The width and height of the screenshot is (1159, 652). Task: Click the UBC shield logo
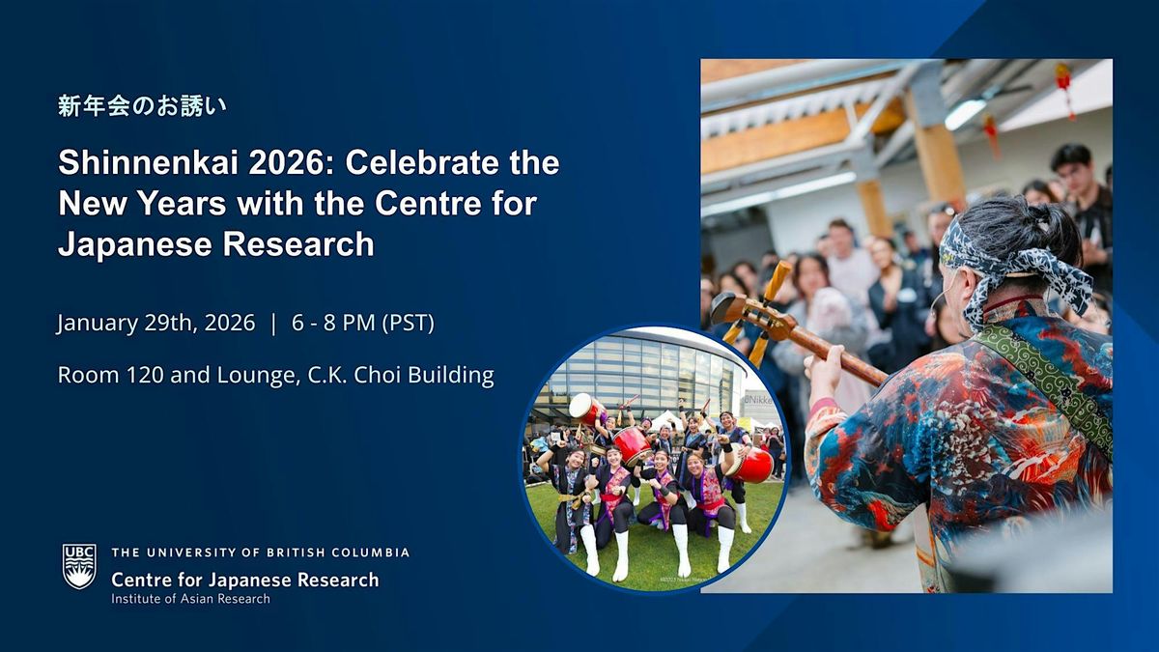(x=79, y=567)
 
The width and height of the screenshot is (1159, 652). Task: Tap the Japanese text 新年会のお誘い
(x=142, y=106)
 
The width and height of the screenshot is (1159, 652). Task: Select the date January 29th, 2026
(x=155, y=324)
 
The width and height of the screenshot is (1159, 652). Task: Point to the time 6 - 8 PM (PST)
(x=363, y=324)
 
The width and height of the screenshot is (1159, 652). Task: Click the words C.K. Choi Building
(x=401, y=375)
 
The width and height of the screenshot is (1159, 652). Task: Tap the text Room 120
(x=111, y=375)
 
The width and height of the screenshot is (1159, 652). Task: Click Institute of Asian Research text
(x=191, y=599)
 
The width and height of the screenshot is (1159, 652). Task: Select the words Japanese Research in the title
(x=216, y=244)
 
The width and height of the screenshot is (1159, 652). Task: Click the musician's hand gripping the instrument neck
(x=825, y=368)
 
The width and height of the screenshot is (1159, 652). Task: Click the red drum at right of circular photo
(x=751, y=464)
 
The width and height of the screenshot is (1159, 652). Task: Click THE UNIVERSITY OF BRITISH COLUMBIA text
(x=260, y=553)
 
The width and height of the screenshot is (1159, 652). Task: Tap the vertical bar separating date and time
(x=273, y=324)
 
